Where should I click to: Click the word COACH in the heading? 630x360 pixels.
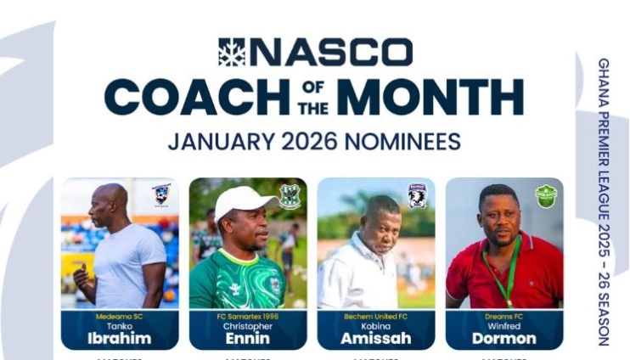(196, 98)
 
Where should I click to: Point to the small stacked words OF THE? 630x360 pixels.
(307, 98)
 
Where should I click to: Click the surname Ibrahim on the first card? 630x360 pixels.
(120, 338)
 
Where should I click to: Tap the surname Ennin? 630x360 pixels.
(248, 338)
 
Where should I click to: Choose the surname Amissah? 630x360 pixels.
(376, 338)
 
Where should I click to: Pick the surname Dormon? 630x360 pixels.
(504, 338)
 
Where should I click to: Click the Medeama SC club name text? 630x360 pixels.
(120, 315)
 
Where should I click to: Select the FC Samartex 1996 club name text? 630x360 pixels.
(248, 315)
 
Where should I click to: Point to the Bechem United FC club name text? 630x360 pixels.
(376, 315)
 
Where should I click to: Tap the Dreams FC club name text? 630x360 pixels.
(504, 315)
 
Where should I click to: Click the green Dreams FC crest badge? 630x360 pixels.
(546, 196)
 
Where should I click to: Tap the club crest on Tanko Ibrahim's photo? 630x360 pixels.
(161, 195)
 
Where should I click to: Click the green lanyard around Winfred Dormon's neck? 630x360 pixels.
(510, 273)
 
